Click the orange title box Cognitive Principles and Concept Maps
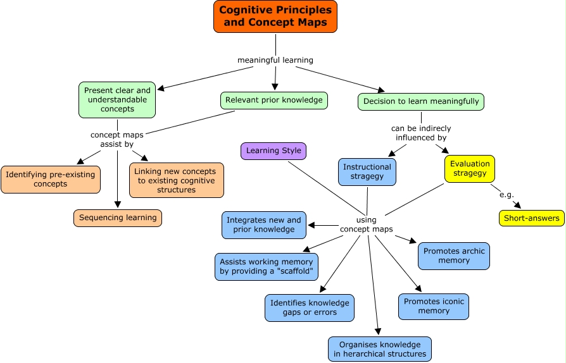click(x=275, y=16)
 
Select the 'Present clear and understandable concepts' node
click(x=117, y=100)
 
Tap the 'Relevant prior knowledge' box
click(x=274, y=100)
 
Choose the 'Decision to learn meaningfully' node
click(x=421, y=102)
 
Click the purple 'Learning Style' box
click(x=274, y=151)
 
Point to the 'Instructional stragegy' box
click(x=367, y=172)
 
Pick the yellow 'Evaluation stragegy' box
click(x=469, y=169)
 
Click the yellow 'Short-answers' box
click(x=532, y=218)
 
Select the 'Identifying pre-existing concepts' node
click(x=51, y=180)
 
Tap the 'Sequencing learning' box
click(x=118, y=218)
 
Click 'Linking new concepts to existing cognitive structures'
click(x=176, y=180)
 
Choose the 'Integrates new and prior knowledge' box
click(x=264, y=225)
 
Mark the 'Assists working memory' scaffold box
click(x=267, y=267)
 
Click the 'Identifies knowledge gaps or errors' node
click(x=310, y=308)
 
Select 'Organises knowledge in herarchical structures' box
click(x=380, y=349)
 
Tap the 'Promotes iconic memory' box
click(x=434, y=306)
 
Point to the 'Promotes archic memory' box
click(x=454, y=255)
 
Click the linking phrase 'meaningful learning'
click(x=275, y=60)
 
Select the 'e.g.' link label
click(x=506, y=194)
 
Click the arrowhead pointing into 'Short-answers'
click(x=518, y=205)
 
